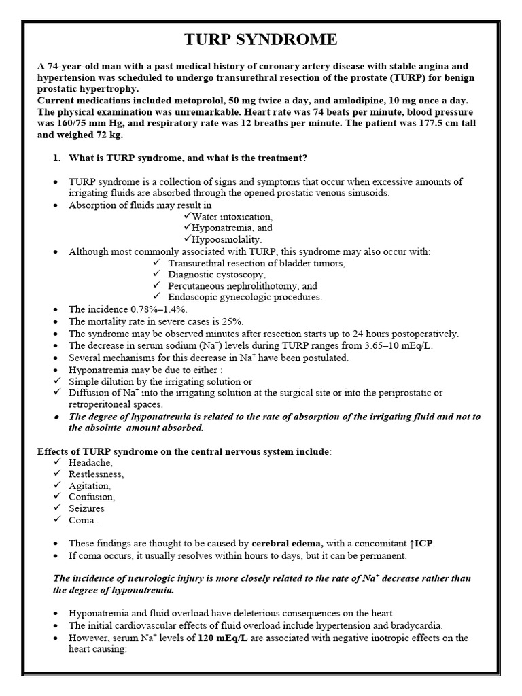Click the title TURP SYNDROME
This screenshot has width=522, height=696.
click(260, 39)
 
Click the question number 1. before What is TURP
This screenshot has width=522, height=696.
click(56, 158)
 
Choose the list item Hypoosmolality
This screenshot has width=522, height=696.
click(226, 240)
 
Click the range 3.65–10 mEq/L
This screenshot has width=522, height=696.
click(394, 345)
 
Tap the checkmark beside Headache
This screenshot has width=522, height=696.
click(57, 462)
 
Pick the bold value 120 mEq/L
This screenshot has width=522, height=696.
click(226, 638)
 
